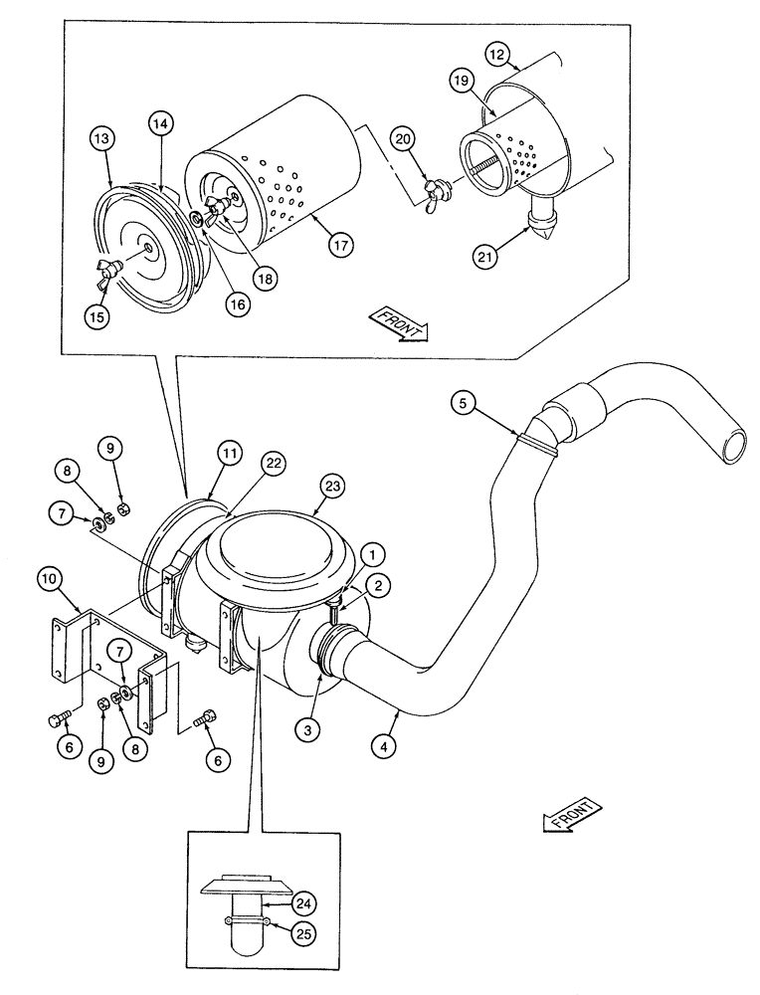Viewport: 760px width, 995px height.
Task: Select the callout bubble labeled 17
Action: click(343, 244)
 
